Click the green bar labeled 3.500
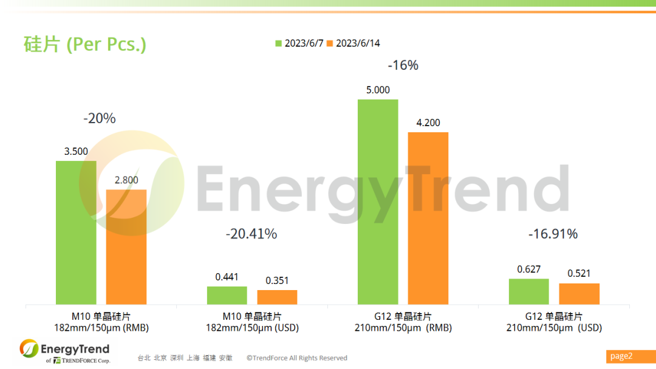point(76,232)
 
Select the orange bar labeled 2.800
point(126,246)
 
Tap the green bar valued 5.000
point(378,201)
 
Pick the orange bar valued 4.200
point(428,218)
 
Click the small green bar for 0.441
point(227,295)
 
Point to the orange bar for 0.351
point(277,297)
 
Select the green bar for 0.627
point(529,291)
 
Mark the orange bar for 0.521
point(579,294)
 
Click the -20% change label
point(100,118)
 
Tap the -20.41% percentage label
point(251,234)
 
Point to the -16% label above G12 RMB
point(403,65)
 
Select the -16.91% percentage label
point(553,234)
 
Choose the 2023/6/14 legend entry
point(354,43)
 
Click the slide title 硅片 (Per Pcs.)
point(85,44)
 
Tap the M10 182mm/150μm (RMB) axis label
point(101,322)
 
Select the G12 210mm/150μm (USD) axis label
point(554,322)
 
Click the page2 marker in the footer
point(621,356)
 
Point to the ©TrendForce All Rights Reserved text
point(297,358)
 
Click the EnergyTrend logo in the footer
point(64,351)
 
